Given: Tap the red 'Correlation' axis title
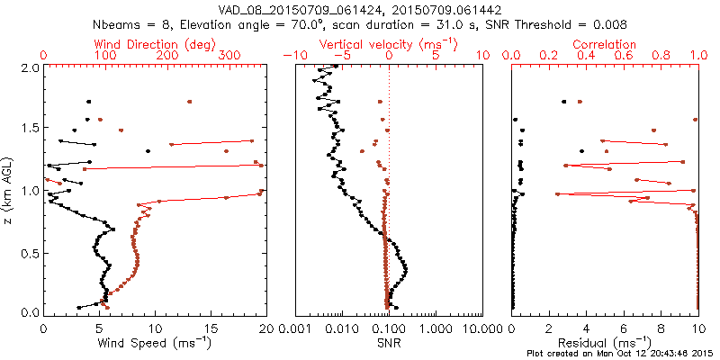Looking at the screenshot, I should click(x=605, y=44).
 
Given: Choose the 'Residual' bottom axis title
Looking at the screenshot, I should click(x=604, y=342).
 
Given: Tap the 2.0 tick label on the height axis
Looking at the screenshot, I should click(x=29, y=67).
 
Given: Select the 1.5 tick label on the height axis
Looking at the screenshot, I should click(x=29, y=129).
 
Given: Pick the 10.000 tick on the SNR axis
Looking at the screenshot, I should click(x=478, y=329).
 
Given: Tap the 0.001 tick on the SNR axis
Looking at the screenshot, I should click(x=298, y=329).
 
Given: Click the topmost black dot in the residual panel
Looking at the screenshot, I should click(x=564, y=102).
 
